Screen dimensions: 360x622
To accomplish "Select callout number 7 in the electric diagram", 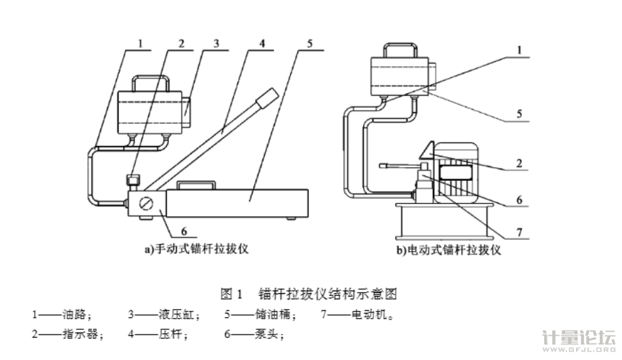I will click(x=518, y=232).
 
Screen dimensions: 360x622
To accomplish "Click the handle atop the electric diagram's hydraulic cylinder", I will click(x=399, y=49).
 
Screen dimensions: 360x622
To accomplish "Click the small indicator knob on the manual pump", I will click(x=133, y=179).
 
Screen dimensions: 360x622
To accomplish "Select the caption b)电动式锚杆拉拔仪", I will click(x=449, y=249).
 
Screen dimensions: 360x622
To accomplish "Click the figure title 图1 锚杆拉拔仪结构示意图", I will click(x=310, y=292).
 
